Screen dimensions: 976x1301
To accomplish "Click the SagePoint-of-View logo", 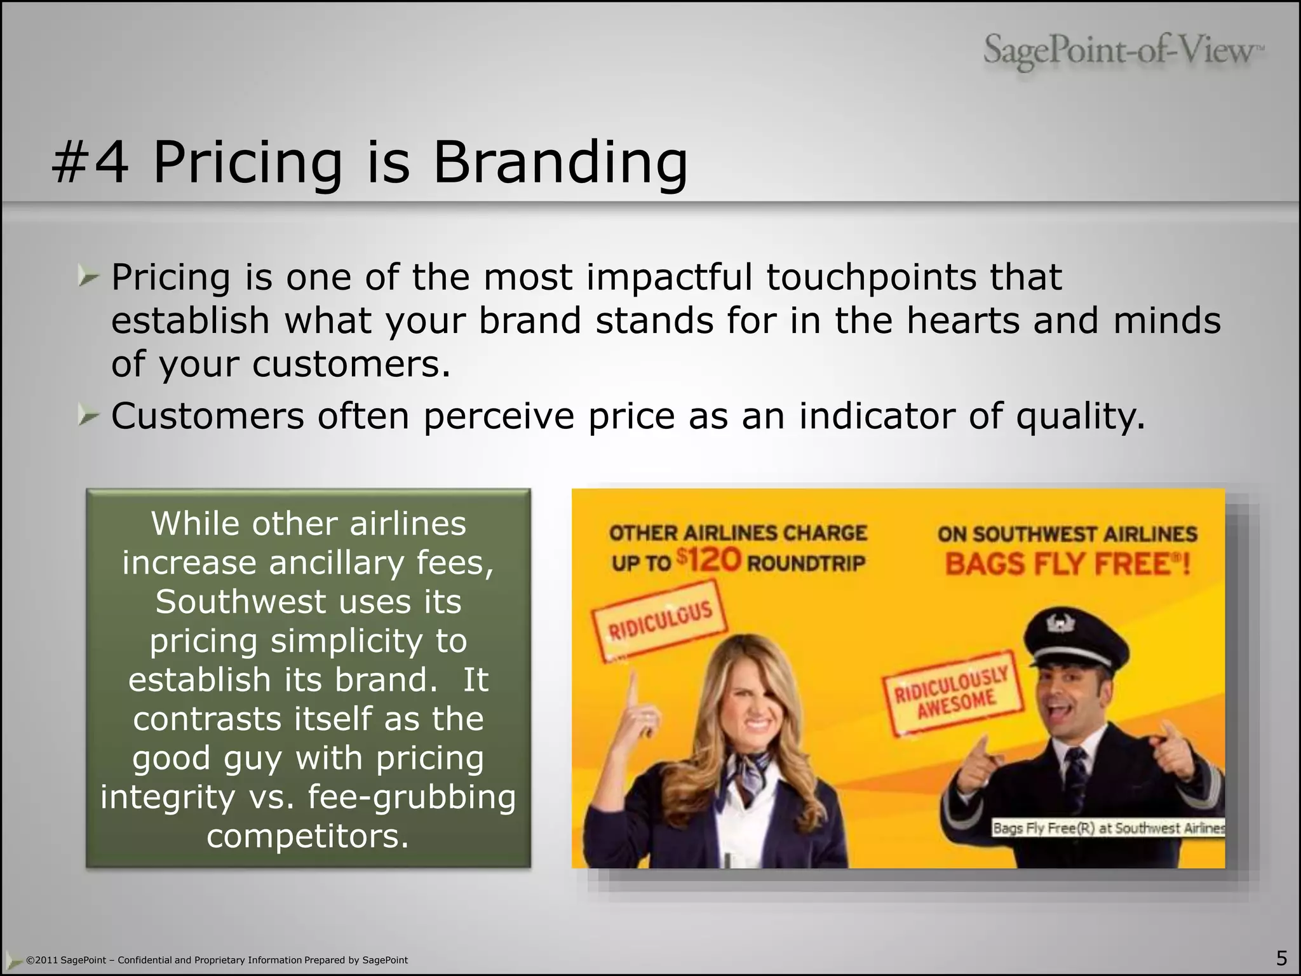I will [x=1123, y=51].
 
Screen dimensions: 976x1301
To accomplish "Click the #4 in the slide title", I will [x=90, y=163].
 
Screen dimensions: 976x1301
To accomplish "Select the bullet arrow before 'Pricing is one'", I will [x=89, y=277].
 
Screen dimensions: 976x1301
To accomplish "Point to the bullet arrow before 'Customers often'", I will [x=89, y=416].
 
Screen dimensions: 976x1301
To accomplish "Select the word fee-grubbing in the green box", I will [x=412, y=797].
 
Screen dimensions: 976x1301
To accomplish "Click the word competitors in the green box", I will [x=307, y=836].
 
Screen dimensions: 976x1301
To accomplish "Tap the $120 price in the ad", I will [x=708, y=560].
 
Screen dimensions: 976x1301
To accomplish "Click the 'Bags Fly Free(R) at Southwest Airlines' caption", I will [x=1109, y=828].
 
